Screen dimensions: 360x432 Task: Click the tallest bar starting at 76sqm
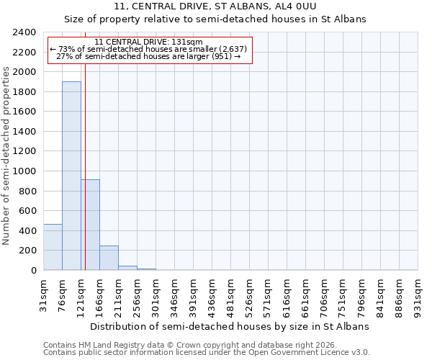pyautogui.click(x=71, y=176)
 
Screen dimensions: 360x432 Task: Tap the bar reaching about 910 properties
pyautogui.click(x=90, y=225)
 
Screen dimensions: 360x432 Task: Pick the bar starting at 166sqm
pyautogui.click(x=109, y=258)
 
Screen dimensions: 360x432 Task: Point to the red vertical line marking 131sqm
pyautogui.click(x=85, y=166)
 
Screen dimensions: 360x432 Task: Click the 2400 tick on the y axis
pyautogui.click(x=26, y=32)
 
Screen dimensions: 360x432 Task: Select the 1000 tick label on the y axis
pyautogui.click(x=26, y=171)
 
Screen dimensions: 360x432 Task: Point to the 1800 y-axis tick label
pyautogui.click(x=26, y=92)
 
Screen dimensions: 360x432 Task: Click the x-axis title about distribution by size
pyautogui.click(x=230, y=326)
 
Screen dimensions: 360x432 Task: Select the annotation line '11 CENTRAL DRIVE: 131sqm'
pyautogui.click(x=149, y=42)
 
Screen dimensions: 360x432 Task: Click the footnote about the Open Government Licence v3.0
pyautogui.click(x=207, y=353)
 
